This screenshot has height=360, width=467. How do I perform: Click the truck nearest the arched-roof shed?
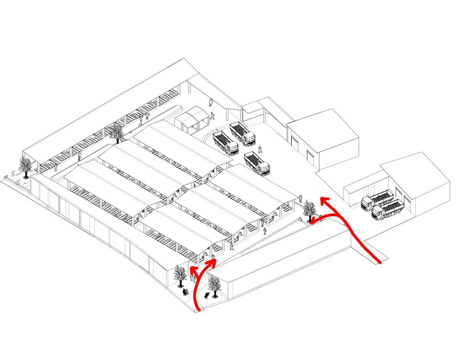(x=225, y=142)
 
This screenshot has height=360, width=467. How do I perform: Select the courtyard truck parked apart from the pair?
(x=257, y=163)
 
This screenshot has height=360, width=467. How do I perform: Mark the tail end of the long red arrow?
(x=379, y=262)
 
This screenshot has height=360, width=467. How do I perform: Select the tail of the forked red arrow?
(x=198, y=310)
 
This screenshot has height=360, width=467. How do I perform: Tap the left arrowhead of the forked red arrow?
(x=192, y=269)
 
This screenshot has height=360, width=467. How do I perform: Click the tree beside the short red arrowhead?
(x=310, y=209)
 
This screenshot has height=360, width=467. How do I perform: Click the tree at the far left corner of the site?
(x=26, y=166)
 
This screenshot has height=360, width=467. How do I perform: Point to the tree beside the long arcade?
(x=116, y=132)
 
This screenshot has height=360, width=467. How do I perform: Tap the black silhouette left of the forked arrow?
(x=185, y=291)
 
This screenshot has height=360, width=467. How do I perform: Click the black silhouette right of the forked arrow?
(x=206, y=295)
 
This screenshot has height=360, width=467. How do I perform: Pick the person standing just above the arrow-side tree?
(x=300, y=198)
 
